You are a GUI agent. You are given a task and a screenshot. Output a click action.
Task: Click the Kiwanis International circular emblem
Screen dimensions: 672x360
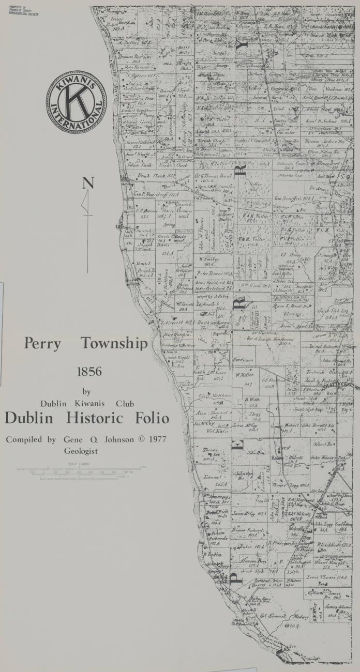(x=76, y=102)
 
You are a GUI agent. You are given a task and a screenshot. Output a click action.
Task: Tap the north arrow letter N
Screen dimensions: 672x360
(x=88, y=183)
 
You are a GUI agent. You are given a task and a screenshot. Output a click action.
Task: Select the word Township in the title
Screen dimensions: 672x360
(x=114, y=344)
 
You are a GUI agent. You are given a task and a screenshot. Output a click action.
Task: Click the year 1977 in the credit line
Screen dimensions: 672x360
(x=155, y=439)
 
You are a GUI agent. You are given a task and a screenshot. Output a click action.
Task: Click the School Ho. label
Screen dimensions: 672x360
(x=322, y=444)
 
